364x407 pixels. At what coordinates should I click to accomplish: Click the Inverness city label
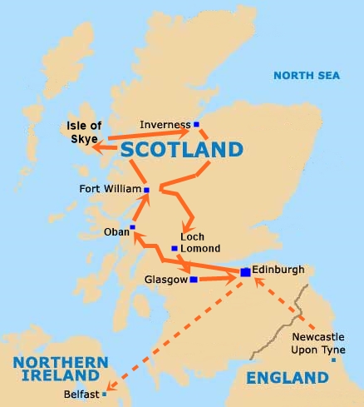(x=165, y=125)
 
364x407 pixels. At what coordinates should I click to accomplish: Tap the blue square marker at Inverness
(x=197, y=125)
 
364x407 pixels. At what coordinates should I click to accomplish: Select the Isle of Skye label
(x=83, y=132)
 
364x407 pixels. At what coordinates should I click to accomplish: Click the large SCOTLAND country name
(x=182, y=150)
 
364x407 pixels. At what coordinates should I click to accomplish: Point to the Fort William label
(x=110, y=189)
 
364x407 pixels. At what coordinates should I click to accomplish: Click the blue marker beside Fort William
(x=146, y=190)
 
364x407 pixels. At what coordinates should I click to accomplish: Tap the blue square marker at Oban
(x=132, y=226)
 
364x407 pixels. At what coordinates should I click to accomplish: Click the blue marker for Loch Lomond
(x=174, y=248)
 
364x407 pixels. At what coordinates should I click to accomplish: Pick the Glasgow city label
(x=165, y=280)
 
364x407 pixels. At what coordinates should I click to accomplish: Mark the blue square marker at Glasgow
(x=194, y=280)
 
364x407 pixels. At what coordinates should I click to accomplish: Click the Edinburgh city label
(x=280, y=270)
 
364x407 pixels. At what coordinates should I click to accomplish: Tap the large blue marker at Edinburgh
(x=245, y=272)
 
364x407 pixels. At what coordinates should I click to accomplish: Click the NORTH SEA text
(x=307, y=76)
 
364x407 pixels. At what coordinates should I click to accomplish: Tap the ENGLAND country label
(x=288, y=378)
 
